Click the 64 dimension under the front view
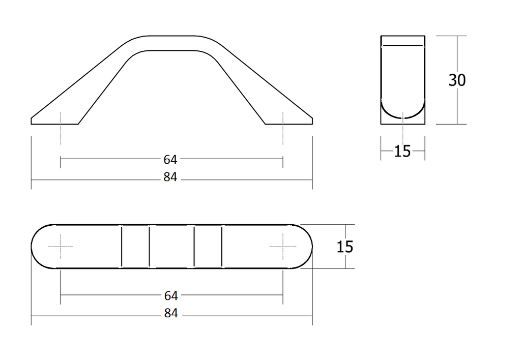pos(170,160)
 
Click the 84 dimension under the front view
pos(170,177)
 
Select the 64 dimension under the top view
pos(170,295)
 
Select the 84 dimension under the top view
pos(170,314)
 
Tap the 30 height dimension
pos(457,80)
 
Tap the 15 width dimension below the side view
pos(402,151)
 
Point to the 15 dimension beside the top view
pos(344,247)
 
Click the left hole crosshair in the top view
pos(61,246)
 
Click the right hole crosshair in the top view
pos(282,246)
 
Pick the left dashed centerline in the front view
pos(61,127)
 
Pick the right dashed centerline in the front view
pos(282,127)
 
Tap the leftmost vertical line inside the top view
pos(122,246)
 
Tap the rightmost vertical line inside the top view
pos(222,246)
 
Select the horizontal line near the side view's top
pos(402,46)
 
